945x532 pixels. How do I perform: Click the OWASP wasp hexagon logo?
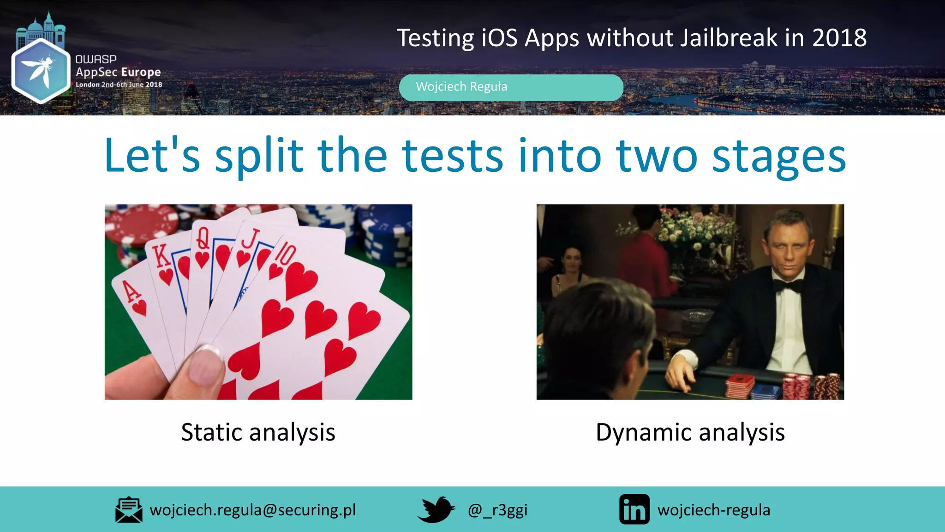click(x=41, y=70)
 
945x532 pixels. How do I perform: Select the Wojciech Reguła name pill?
click(x=511, y=87)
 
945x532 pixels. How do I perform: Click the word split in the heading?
click(x=258, y=156)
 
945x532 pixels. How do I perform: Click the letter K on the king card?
click(x=161, y=255)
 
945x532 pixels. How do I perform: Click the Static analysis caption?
click(x=258, y=433)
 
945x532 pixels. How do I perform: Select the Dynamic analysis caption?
click(x=690, y=433)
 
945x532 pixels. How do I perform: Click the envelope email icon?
click(x=129, y=510)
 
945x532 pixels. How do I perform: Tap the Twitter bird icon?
click(x=436, y=509)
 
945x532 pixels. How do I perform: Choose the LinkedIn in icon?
click(x=634, y=509)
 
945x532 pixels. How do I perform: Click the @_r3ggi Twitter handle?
click(x=497, y=510)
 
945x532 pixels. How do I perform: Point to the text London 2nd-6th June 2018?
click(x=119, y=85)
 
